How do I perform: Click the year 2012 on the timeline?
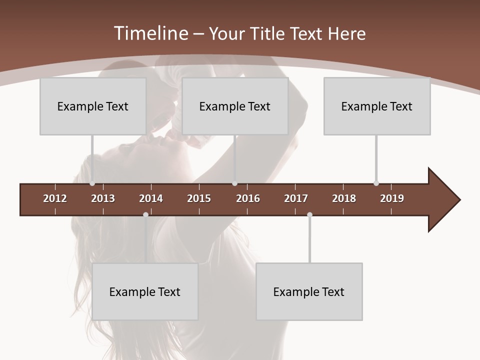(55, 198)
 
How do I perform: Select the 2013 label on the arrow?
(103, 198)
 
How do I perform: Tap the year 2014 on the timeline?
(151, 198)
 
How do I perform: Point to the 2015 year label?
(199, 198)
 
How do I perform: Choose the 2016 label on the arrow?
(248, 198)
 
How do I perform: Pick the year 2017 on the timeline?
(296, 198)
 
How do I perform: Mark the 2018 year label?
(344, 198)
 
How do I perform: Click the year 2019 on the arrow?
(392, 198)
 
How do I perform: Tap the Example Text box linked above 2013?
(93, 106)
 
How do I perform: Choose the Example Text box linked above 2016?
(235, 106)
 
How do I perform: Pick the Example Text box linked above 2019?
(377, 106)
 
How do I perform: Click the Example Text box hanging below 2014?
(145, 291)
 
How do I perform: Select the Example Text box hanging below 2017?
(309, 291)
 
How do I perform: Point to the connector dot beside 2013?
(92, 183)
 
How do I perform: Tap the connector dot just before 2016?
(234, 183)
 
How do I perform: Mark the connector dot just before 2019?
(376, 183)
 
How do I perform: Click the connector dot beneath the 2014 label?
(145, 214)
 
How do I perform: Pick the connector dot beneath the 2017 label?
(309, 214)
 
